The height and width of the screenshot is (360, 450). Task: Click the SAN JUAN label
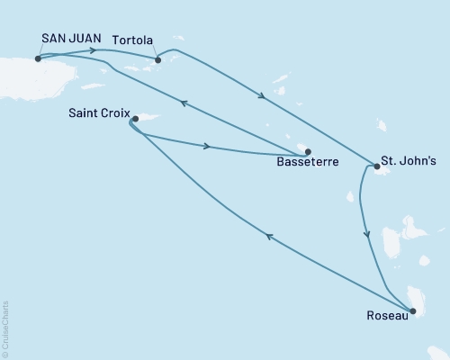coord(66,40)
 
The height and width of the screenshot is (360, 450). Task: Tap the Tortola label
coord(134,41)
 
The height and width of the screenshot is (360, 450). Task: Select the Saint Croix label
coord(96,113)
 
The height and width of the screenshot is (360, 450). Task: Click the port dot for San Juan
coord(37,58)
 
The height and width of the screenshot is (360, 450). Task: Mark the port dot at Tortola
coord(157,60)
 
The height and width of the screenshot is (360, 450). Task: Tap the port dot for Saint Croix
coord(133,119)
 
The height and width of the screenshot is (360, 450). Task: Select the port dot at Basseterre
coord(308,152)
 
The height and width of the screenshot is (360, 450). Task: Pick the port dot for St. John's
coord(374,166)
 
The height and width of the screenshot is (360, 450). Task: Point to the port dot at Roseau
coord(413,311)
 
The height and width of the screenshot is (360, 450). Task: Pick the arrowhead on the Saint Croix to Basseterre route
coord(209,145)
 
